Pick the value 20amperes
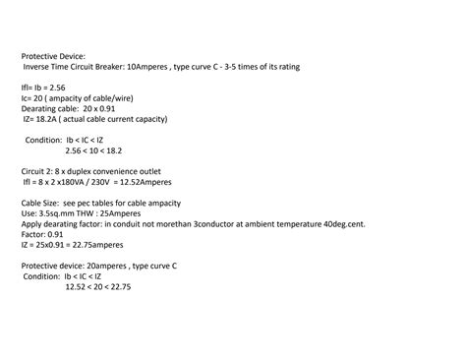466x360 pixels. click(107, 266)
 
